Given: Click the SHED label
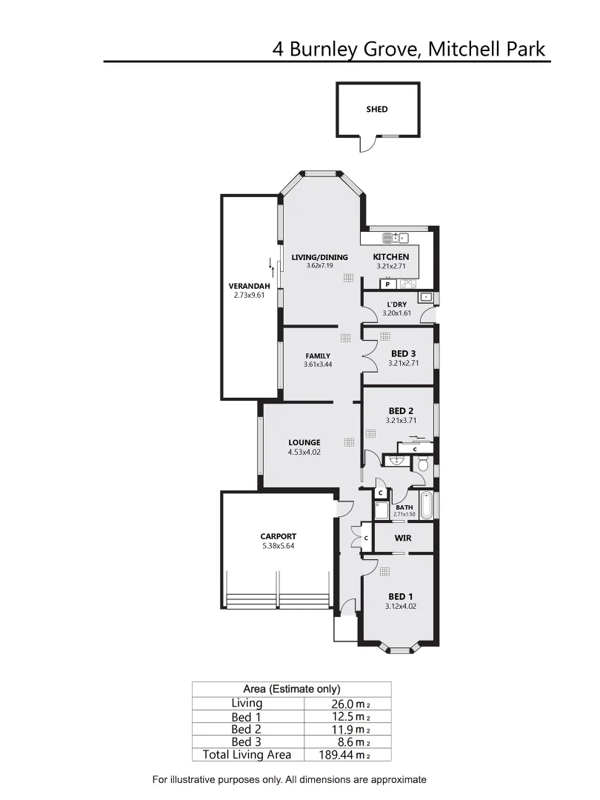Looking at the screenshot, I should click(x=376, y=110).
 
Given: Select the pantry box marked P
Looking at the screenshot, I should click(x=387, y=284).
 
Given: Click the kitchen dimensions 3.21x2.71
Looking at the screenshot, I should click(x=391, y=266).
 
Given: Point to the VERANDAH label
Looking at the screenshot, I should click(x=248, y=286).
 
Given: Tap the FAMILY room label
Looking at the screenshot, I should click(x=317, y=356).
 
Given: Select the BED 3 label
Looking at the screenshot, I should click(x=402, y=353).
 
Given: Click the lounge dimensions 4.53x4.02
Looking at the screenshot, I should click(x=304, y=452).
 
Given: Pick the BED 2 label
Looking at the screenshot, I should click(x=401, y=411).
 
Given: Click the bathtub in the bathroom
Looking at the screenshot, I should click(x=426, y=505).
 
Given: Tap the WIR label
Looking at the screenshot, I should click(x=402, y=539).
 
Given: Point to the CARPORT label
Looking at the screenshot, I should click(x=278, y=536).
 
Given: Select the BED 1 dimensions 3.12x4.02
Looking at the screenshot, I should click(x=401, y=606).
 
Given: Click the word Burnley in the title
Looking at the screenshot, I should click(x=325, y=50).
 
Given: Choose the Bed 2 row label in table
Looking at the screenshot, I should click(x=246, y=730).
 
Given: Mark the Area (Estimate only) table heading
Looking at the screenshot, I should click(x=291, y=689).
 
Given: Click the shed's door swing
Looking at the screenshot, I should click(x=365, y=145).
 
